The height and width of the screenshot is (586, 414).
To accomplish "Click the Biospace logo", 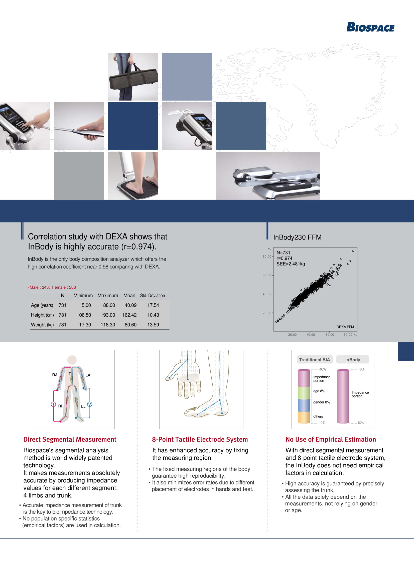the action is click(x=370, y=27).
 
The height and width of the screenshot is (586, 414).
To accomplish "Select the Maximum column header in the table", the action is click(x=108, y=296).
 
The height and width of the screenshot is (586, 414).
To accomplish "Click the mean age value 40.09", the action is click(x=130, y=305).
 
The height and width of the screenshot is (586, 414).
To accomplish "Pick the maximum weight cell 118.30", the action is click(x=108, y=325).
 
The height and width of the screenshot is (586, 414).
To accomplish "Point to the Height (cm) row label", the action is click(x=42, y=315).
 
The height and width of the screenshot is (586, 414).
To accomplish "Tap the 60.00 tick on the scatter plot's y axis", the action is click(x=267, y=275).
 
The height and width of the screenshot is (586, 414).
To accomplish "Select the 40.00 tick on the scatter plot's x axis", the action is click(x=311, y=334).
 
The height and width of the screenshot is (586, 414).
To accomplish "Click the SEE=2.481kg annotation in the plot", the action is click(x=291, y=264).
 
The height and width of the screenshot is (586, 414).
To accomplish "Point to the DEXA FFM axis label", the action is click(x=345, y=327).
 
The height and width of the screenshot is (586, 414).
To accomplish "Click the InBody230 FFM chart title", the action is click(x=297, y=237).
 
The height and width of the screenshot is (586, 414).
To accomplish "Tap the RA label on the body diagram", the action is click(x=55, y=375).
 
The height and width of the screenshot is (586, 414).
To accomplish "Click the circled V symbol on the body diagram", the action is click(x=90, y=404).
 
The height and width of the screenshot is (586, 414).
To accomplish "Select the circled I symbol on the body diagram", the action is click(x=53, y=404).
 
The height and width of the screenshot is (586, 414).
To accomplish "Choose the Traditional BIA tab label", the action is click(x=314, y=360).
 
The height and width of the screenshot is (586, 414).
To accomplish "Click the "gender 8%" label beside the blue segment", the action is click(x=322, y=402).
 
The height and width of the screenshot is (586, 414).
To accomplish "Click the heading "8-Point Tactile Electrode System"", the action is click(x=200, y=440).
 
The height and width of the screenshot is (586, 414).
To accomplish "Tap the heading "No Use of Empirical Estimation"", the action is click(x=331, y=440).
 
